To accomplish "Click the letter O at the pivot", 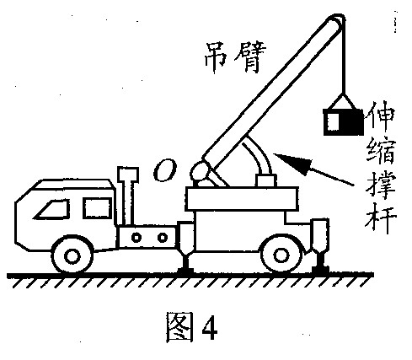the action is click(165, 170).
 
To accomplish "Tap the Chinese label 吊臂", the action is click(234, 57).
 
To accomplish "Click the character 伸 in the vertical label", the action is click(380, 117).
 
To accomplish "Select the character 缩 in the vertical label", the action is click(381, 151).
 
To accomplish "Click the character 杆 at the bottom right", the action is click(381, 218).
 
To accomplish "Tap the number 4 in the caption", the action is click(210, 327).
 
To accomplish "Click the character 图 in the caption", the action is click(179, 327).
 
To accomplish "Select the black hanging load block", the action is click(343, 122).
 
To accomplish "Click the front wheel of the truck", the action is click(72, 255).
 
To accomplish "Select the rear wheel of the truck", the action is click(281, 255).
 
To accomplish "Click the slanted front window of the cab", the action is click(51, 209).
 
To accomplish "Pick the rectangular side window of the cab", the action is click(97, 207).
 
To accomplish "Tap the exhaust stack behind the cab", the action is click(128, 196).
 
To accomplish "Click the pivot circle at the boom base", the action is click(200, 170).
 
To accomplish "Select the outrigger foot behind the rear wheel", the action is click(320, 247).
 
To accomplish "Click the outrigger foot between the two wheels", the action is click(186, 247).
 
